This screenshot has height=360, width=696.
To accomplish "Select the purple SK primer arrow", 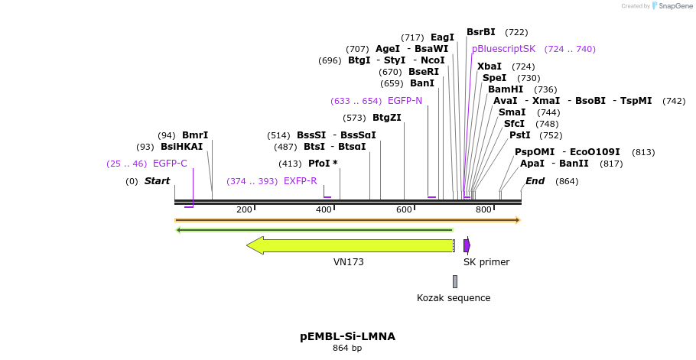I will pyautogui.click(x=467, y=245).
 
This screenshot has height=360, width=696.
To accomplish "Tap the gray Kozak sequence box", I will pyautogui.click(x=454, y=281).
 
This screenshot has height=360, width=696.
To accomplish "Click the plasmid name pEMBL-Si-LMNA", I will pyautogui.click(x=347, y=336).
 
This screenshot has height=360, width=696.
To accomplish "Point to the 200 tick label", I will pyautogui.click(x=244, y=209).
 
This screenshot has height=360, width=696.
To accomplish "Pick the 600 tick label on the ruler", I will pyautogui.click(x=404, y=209).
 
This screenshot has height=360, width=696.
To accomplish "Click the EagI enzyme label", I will pyautogui.click(x=442, y=37).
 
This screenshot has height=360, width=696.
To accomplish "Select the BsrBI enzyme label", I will pyautogui.click(x=481, y=32).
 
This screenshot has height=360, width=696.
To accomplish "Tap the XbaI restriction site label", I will pyautogui.click(x=489, y=66).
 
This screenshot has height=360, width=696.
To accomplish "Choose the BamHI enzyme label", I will pyautogui.click(x=506, y=89).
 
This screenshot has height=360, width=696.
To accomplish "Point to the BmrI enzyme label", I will pyautogui.click(x=195, y=135).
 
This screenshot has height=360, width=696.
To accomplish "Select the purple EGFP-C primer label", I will pyautogui.click(x=170, y=164).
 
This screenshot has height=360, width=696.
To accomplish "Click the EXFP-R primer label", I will pyautogui.click(x=300, y=181).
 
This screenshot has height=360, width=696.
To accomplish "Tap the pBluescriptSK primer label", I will pyautogui.click(x=503, y=49).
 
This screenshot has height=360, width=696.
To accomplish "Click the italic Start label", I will pyautogui.click(x=157, y=181).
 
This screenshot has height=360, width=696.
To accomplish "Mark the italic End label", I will pyautogui.click(x=535, y=181).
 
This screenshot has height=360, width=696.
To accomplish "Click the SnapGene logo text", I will pyautogui.click(x=673, y=6).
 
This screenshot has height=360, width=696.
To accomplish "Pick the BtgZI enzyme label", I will pyautogui.click(x=386, y=118).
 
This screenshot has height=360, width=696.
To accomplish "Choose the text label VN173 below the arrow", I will pyautogui.click(x=349, y=262).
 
